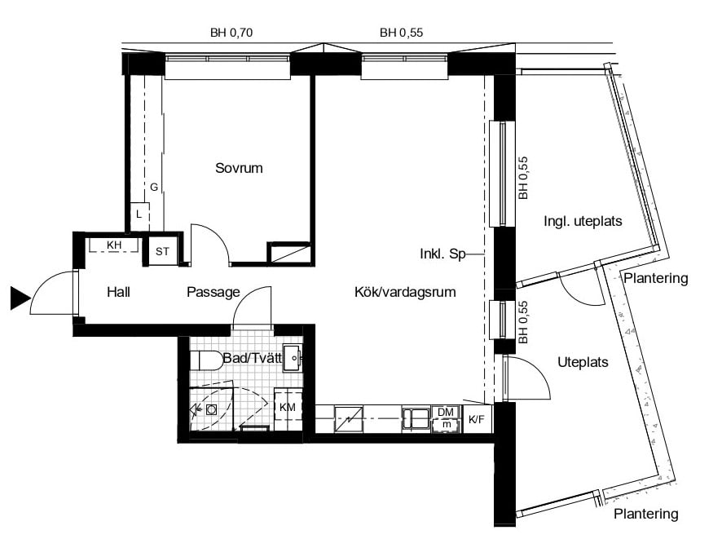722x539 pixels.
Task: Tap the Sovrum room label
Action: tap(239, 169)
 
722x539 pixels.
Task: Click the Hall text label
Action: tap(118, 292)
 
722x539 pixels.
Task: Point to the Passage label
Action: tap(213, 292)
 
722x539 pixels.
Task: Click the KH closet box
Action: tap(113, 245)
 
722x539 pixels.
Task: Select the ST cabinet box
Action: tap(162, 251)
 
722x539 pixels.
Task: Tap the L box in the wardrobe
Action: tap(139, 214)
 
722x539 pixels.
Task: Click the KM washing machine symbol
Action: tap(288, 406)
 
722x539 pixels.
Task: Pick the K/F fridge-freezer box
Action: tap(476, 419)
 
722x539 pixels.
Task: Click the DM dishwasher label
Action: tap(445, 413)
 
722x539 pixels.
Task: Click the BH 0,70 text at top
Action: tap(231, 33)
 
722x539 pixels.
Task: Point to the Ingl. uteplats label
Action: tap(582, 221)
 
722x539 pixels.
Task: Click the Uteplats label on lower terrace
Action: tap(583, 361)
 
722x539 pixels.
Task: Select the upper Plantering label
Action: tap(656, 278)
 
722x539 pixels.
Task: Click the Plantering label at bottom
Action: tap(645, 514)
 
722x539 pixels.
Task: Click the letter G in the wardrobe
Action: tap(153, 187)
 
